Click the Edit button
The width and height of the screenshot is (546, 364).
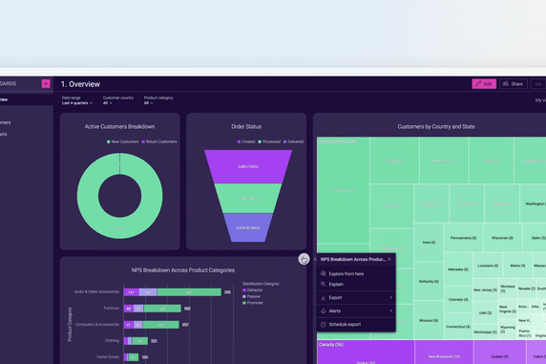point(484,84)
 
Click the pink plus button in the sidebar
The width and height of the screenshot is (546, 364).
point(46,84)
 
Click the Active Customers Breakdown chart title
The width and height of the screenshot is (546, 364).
point(119,126)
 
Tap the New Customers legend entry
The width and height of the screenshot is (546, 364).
point(123,141)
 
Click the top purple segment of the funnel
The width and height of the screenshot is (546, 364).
point(247,166)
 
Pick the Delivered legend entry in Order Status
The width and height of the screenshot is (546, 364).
point(292,141)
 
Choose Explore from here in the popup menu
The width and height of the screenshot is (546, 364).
point(346,274)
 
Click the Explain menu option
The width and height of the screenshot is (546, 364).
point(336,285)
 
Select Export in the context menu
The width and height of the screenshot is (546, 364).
point(335,298)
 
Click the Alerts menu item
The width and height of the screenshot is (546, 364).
point(335,311)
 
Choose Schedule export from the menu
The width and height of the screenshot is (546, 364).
point(345,325)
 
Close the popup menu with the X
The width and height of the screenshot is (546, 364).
point(389,259)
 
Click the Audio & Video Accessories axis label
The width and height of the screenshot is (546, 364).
point(96,292)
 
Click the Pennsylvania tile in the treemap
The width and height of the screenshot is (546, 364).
point(463,238)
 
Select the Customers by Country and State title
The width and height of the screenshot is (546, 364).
point(435,126)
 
